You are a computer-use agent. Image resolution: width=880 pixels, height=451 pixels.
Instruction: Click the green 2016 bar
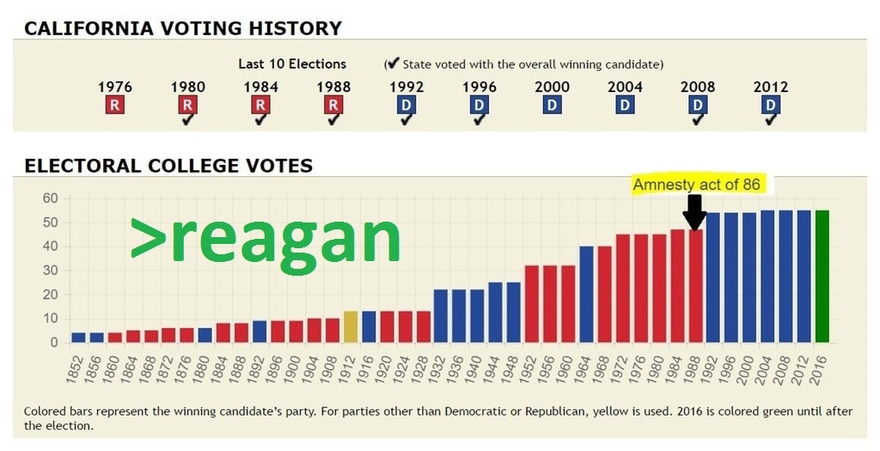[822, 276]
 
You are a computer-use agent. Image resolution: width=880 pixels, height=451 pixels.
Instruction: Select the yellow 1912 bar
[351, 326]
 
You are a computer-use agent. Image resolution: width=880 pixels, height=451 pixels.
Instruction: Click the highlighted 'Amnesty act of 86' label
[697, 185]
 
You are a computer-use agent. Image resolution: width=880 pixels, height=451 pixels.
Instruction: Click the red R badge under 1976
[114, 105]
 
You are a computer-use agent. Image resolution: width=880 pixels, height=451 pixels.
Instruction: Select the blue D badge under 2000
[552, 105]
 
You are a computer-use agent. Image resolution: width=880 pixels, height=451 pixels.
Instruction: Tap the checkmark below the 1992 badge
[406, 119]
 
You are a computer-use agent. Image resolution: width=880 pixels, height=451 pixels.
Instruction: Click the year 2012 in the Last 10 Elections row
[770, 87]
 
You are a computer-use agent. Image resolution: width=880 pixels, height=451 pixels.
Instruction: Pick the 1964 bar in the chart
[587, 294]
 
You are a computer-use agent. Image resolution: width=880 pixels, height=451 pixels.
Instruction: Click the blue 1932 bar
[441, 315]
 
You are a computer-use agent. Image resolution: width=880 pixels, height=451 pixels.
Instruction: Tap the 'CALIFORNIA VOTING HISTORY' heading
[183, 28]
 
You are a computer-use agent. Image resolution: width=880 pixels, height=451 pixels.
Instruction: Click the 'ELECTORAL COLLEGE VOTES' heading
[168, 165]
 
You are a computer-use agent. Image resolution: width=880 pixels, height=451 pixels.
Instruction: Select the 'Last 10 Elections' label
[292, 64]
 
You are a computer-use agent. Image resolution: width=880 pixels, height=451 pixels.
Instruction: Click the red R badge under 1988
[333, 105]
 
